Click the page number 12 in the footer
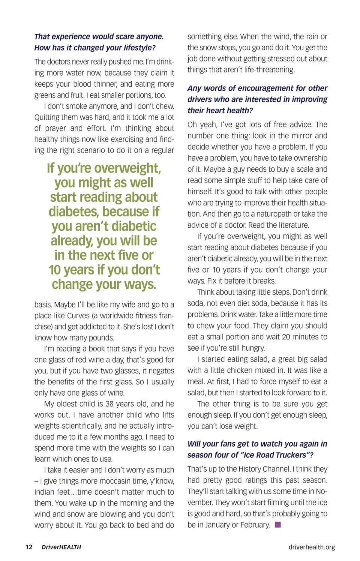(29, 547)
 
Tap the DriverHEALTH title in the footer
(61, 547)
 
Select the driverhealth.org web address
(312, 547)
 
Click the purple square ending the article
(278, 525)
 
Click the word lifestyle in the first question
(137, 48)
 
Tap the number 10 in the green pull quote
(55, 270)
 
